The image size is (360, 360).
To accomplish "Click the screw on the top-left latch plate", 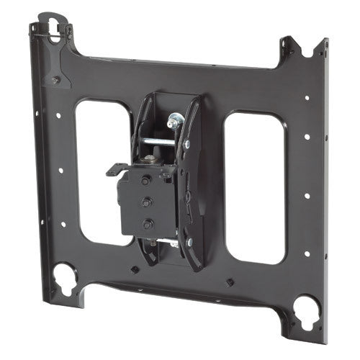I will [55, 80].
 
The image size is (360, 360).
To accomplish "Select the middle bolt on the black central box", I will [147, 202].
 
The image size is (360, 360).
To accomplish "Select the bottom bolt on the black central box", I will [147, 223].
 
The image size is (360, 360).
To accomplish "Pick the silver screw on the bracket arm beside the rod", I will [186, 145].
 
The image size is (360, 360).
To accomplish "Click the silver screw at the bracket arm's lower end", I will [189, 243].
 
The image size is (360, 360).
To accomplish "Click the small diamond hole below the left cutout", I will [134, 269].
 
